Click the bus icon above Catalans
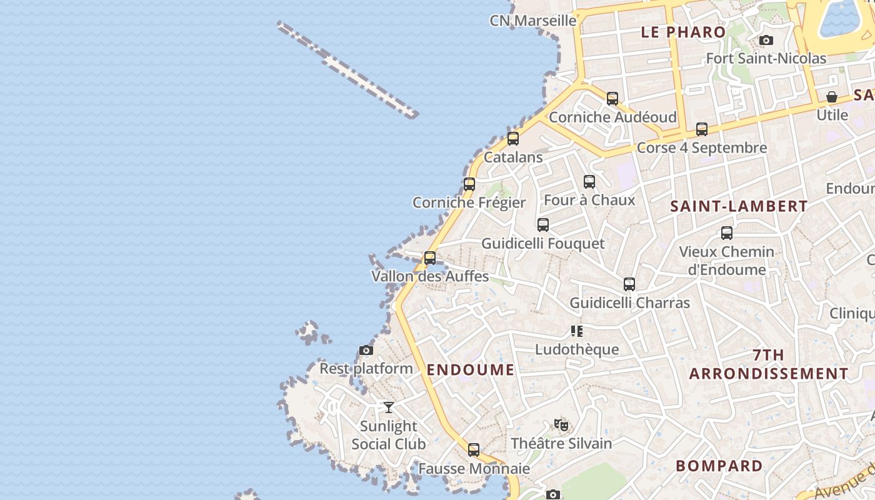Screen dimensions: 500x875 click(513, 139)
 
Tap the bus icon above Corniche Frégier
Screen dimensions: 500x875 click(469, 184)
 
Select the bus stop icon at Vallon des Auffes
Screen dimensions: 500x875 click(430, 257)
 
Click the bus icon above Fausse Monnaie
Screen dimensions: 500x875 click(474, 450)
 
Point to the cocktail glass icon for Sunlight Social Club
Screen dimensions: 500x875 click(389, 407)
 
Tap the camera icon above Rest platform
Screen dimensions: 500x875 click(366, 351)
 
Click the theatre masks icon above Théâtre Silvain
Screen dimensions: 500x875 click(561, 425)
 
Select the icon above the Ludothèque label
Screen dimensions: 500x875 click(576, 331)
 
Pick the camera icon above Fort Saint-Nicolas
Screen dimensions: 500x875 click(766, 41)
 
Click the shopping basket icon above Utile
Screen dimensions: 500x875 click(832, 97)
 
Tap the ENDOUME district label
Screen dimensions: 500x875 click(471, 369)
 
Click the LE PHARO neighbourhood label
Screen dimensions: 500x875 click(684, 32)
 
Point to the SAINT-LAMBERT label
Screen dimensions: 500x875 click(739, 206)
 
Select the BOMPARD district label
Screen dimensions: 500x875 click(719, 466)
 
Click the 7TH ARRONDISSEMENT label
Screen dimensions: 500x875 click(769, 364)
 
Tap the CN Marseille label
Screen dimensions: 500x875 click(533, 21)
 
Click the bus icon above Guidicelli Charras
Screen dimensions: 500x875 click(629, 284)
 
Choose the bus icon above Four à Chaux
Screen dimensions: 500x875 click(589, 182)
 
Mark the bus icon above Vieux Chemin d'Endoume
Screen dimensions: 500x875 click(726, 233)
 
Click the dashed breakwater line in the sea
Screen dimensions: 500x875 click(347, 69)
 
